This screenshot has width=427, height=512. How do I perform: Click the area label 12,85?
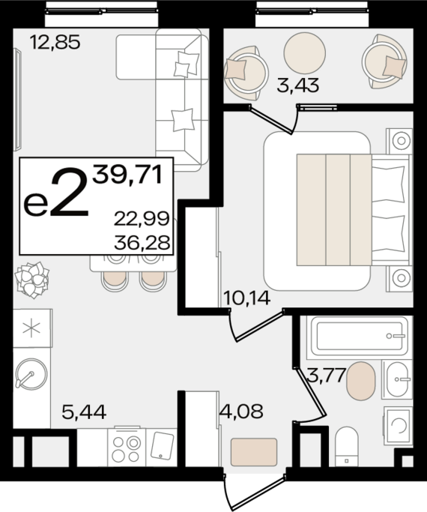[x=55, y=43]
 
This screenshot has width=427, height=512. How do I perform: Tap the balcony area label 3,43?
[x=297, y=85]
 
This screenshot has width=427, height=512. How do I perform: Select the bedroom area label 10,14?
[x=247, y=298]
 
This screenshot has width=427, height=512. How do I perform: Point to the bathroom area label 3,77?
[x=326, y=375]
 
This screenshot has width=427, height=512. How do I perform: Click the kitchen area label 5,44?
[x=84, y=412]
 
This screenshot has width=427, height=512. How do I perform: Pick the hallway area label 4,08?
[x=241, y=412]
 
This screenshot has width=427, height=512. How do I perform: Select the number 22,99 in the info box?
[x=142, y=219]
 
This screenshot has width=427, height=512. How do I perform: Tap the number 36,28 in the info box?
[x=142, y=243]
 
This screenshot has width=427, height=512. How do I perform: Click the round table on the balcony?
[x=305, y=53]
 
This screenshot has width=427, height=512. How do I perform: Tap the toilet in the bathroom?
[x=346, y=447]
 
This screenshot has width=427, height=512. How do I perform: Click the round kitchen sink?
[x=31, y=375]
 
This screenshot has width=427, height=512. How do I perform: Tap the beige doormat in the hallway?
[x=254, y=452]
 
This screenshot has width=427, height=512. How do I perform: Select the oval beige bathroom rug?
[x=361, y=381]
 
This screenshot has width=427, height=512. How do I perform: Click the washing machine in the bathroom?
[x=398, y=425]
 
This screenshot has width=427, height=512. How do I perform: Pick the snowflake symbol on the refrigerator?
[x=31, y=328]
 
